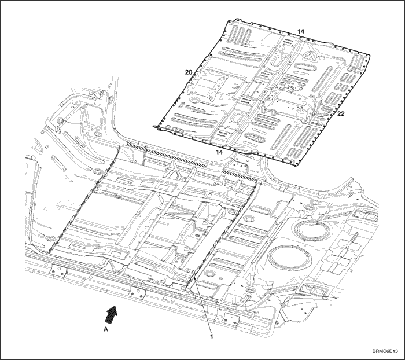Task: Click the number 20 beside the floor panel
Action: (x=189, y=72)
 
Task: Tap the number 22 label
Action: (x=341, y=113)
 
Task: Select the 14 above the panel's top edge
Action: (x=301, y=31)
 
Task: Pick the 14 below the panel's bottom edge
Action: (x=219, y=152)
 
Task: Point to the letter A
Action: (x=105, y=329)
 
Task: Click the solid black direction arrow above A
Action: (x=112, y=314)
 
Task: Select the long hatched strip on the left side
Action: (x=84, y=199)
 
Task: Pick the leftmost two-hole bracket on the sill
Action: (x=58, y=271)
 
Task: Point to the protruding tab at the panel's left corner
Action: (x=156, y=126)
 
